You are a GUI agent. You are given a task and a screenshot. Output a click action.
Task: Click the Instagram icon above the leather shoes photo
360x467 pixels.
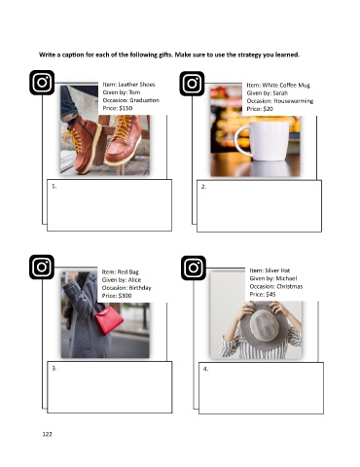pyautogui.click(x=42, y=83)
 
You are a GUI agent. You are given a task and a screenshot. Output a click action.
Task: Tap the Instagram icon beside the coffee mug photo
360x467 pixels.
pyautogui.click(x=192, y=84)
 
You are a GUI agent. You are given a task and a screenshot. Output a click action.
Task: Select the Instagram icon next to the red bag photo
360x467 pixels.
pyautogui.click(x=42, y=267)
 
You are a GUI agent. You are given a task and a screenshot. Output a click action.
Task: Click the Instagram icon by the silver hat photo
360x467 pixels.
pyautogui.click(x=194, y=268)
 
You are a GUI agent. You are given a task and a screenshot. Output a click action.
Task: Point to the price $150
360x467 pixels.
pyautogui.click(x=126, y=108)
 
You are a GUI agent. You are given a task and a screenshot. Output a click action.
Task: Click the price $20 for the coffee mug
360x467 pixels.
pyautogui.click(x=268, y=109)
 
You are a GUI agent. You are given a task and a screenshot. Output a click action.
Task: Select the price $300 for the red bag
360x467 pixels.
pyautogui.click(x=125, y=296)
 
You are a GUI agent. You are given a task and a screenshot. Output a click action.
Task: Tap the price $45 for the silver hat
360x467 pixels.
pyautogui.click(x=270, y=295)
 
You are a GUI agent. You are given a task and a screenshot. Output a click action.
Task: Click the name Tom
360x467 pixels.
pyautogui.click(x=134, y=92)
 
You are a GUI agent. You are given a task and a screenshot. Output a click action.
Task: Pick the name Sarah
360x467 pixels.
pyautogui.click(x=280, y=93)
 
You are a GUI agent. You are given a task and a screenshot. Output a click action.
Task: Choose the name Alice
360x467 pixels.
pyautogui.click(x=134, y=280)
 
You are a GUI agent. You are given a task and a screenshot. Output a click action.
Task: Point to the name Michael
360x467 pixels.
pyautogui.click(x=286, y=278)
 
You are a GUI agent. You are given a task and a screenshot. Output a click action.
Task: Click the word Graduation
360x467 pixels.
pyautogui.click(x=144, y=100)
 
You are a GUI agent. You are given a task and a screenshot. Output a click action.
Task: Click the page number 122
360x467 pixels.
pyautogui.click(x=47, y=434)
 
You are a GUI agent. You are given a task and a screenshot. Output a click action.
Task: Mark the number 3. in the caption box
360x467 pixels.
pyautogui.click(x=54, y=369)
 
